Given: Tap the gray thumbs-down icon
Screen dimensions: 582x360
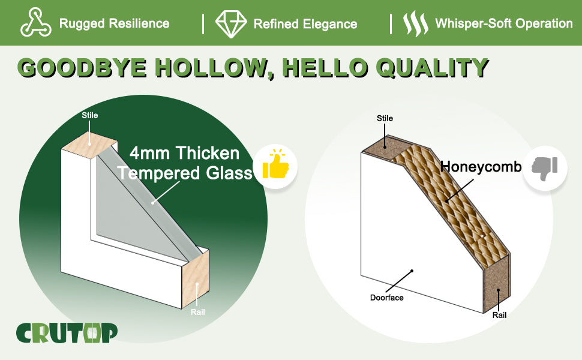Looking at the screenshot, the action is coord(545,169).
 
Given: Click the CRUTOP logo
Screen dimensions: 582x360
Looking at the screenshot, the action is coord(67,333).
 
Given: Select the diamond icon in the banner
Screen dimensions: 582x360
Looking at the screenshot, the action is coord(231,24).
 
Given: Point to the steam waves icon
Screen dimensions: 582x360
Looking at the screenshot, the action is coord(415,23).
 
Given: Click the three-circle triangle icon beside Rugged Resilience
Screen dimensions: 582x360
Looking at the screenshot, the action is coord(35,22).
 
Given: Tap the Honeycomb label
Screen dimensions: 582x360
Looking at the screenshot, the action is coord(481,167).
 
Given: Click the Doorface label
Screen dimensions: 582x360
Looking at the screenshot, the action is coord(387,298).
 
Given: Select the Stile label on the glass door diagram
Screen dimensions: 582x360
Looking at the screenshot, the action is coord(90,115).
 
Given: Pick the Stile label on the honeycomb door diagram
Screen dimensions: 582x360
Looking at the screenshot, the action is coord(385,118).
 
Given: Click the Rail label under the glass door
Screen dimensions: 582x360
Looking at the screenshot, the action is coord(198,312).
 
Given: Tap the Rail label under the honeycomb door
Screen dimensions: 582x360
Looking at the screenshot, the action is coord(499,315).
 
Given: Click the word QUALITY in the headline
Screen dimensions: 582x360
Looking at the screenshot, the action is coord(433,68).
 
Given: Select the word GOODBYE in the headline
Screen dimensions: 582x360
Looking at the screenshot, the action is coord(82,68).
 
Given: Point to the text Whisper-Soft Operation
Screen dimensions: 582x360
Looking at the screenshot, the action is coord(503,23).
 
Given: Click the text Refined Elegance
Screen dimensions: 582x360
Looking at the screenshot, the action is coord(305,24).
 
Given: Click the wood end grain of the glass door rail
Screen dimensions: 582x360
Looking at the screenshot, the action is coord(195,279).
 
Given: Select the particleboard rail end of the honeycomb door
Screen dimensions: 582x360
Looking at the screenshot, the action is coord(497,284).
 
